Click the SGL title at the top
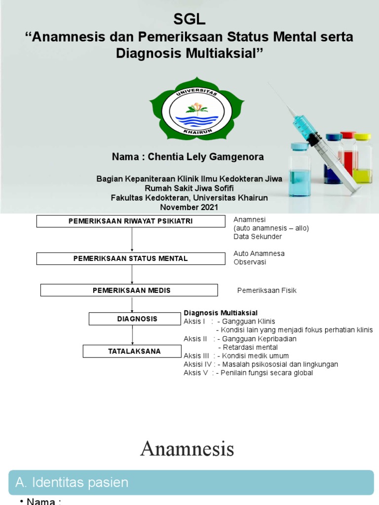[189, 19]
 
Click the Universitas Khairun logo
[196, 109]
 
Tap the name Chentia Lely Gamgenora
[188, 157]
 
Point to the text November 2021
[189, 207]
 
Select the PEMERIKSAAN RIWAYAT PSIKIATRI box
[130, 221]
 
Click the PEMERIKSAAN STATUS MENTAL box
[130, 258]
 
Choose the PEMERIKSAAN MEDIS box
[129, 290]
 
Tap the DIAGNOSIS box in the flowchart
[135, 319]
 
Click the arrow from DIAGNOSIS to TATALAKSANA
[132, 335]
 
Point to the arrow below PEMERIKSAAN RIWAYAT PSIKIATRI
[132, 240]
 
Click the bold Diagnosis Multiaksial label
[221, 313]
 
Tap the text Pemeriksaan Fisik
[266, 290]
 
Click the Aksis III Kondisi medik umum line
[236, 356]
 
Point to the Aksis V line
[248, 373]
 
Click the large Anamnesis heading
[187, 449]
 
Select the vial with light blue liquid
[300, 170]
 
